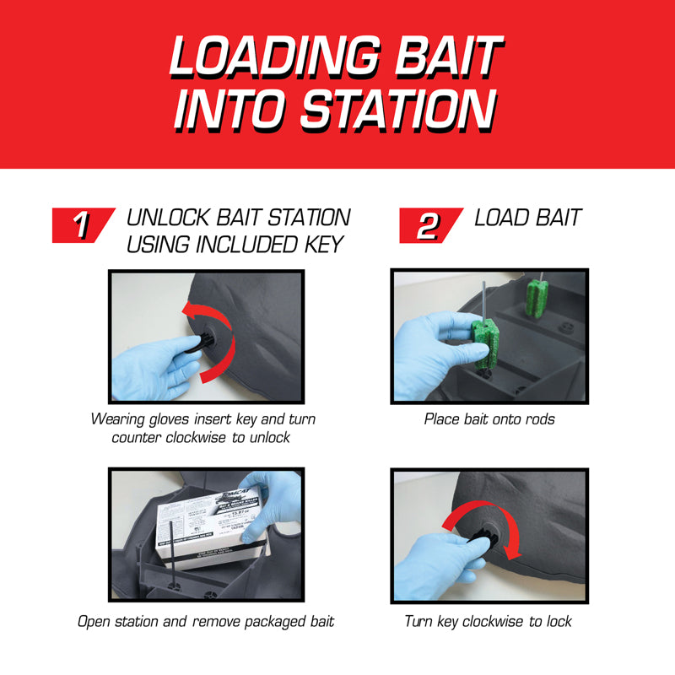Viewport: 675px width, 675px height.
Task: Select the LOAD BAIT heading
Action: coord(527,218)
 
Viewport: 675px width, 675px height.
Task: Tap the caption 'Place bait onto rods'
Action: coord(489,419)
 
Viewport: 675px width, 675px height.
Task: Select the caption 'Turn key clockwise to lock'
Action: coord(488,622)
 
